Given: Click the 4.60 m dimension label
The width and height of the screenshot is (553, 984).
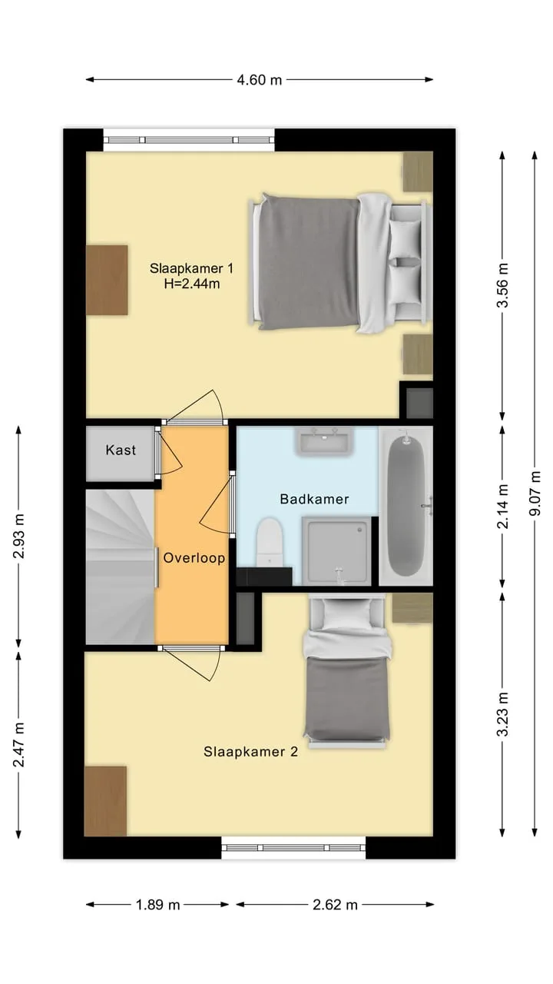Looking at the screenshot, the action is (260, 80).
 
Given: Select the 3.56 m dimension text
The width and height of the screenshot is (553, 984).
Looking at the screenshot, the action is (503, 285).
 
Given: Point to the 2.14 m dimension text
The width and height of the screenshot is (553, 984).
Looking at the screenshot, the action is (503, 506).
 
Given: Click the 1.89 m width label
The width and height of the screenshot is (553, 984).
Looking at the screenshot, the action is (158, 905).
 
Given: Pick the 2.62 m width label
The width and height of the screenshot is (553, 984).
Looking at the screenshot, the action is (336, 905).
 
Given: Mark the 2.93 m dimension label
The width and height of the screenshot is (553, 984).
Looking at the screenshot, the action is (19, 536).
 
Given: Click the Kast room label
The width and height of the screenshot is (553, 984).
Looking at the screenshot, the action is (121, 450).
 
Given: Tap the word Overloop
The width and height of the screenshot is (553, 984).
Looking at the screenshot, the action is (194, 558).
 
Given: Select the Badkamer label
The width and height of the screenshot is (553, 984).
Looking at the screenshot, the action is (314, 499).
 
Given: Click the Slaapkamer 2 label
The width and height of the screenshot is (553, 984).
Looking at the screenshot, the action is (250, 752).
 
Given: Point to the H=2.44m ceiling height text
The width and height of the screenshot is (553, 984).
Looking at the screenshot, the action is (192, 284).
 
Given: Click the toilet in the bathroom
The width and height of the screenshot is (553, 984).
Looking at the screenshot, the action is (269, 542).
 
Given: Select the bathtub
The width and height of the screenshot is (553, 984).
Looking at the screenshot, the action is (406, 506).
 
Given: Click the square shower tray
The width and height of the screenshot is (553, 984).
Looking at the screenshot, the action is (336, 551).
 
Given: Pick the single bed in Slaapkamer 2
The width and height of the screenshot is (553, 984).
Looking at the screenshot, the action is (346, 670).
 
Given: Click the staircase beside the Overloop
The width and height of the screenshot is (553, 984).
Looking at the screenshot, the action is (121, 567).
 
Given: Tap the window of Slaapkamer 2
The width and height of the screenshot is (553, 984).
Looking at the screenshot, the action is (293, 848).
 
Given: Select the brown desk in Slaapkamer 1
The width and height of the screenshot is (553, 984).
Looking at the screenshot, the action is (107, 280).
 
